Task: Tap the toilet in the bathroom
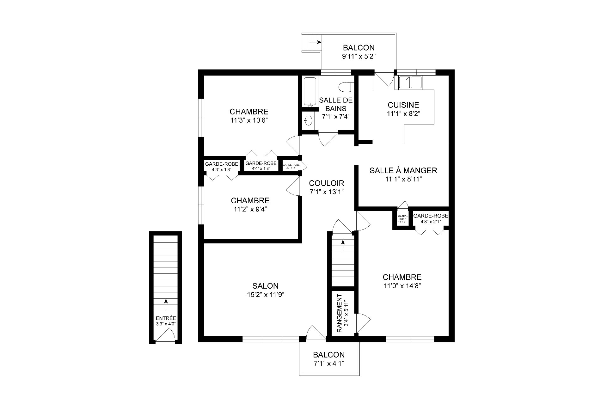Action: [x=346, y=86]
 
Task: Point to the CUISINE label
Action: [x=403, y=105]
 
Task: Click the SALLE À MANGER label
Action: [x=403, y=171]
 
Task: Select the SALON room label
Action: [x=265, y=286]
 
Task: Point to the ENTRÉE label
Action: [x=166, y=318]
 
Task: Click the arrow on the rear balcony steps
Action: [x=315, y=42]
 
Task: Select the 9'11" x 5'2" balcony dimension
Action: [x=359, y=57]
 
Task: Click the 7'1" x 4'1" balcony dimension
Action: [x=329, y=363]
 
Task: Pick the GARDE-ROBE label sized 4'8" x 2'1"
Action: [x=431, y=216]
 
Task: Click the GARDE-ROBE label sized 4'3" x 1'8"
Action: [x=221, y=164]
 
